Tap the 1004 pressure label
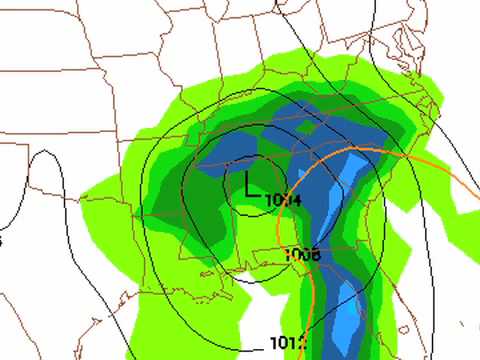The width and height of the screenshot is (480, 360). pyautogui.click(x=283, y=200)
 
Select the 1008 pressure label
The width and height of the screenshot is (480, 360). pyautogui.click(x=301, y=254)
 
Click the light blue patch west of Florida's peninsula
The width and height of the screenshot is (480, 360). pyautogui.click(x=343, y=315)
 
